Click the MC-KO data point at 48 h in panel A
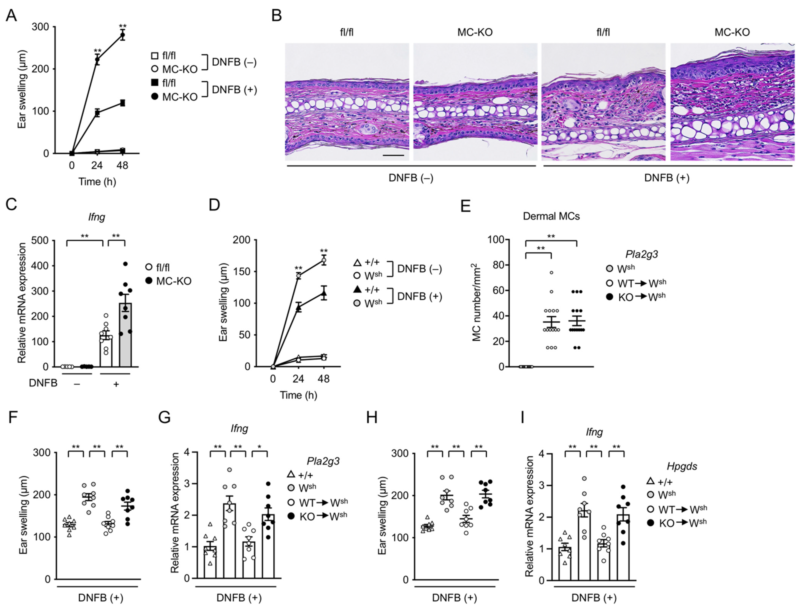(x=123, y=35)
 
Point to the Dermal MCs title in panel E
(x=551, y=216)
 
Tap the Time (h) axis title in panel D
(x=298, y=395)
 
